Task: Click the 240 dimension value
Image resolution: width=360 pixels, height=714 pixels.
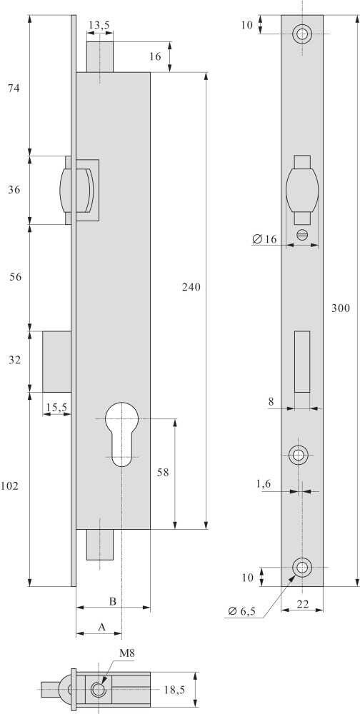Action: (191, 287)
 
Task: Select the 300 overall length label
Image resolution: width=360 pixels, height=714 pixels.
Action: (341, 308)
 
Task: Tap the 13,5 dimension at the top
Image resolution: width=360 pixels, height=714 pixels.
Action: (99, 26)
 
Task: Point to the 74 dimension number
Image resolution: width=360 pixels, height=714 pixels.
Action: (14, 89)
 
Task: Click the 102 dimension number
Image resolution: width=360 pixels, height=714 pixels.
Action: (9, 486)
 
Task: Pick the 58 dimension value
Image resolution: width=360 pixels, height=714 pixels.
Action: (163, 473)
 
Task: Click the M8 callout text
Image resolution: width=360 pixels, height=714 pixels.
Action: (127, 653)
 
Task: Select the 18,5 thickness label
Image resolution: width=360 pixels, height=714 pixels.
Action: (174, 690)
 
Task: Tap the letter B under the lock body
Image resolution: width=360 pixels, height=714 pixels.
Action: (113, 601)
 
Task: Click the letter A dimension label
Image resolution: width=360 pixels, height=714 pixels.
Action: (101, 627)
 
